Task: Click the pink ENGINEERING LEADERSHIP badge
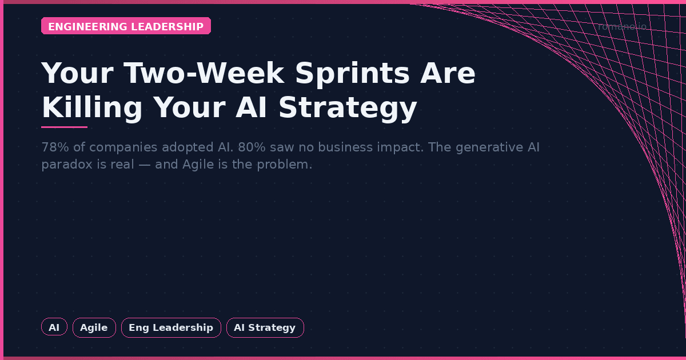click(126, 26)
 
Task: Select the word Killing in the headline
click(92, 107)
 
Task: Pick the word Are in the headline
click(448, 73)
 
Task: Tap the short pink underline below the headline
click(64, 127)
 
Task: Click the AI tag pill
click(54, 327)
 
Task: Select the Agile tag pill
click(94, 327)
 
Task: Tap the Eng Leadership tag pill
click(171, 327)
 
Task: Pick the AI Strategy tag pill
click(265, 327)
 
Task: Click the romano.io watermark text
click(621, 27)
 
